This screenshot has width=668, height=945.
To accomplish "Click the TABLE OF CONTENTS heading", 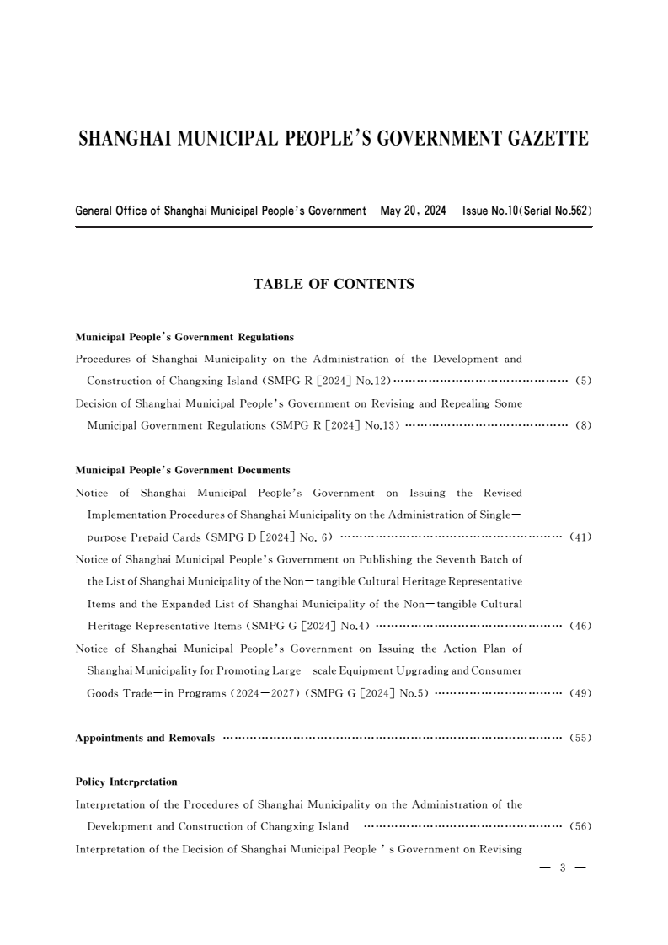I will pos(334,285).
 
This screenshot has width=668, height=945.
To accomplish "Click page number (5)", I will pos(584,381).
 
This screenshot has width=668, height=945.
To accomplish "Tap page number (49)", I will pos(581,693).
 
